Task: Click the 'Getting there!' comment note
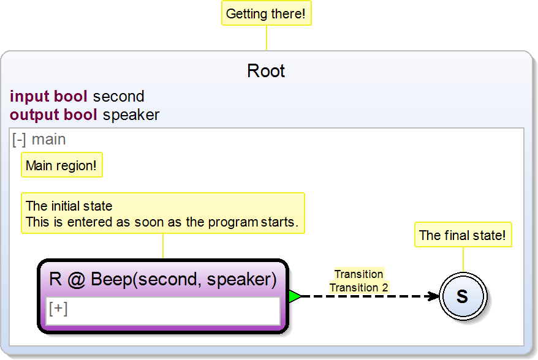pos(266,13)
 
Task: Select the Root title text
pos(266,71)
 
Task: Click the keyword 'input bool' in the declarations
pos(49,97)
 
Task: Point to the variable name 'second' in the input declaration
pos(118,97)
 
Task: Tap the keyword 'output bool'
pos(53,114)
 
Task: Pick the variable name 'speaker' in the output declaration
pos(131,114)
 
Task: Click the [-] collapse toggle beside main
pos(19,140)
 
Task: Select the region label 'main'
pos(49,140)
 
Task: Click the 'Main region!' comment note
pos(61,166)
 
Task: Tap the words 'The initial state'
pos(69,206)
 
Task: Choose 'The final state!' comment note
pos(463,235)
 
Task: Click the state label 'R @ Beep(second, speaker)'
pos(163,280)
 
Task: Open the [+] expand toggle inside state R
pos(58,309)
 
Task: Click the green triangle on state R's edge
pos(294,296)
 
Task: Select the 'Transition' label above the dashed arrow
pos(359,274)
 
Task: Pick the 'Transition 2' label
pos(359,287)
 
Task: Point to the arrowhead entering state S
pos(434,296)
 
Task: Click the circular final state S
pos(463,296)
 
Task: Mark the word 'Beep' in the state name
pos(112,280)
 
